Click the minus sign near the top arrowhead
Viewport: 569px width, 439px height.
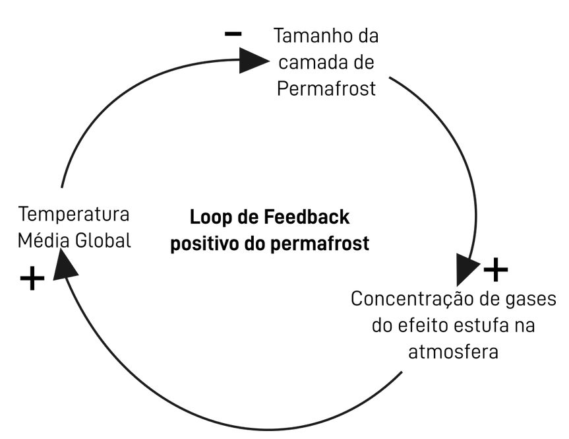pyautogui.click(x=233, y=34)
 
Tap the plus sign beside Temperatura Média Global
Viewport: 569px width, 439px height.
pyautogui.click(x=32, y=279)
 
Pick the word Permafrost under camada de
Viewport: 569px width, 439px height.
pyautogui.click(x=326, y=88)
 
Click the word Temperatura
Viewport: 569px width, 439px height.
pyautogui.click(x=74, y=215)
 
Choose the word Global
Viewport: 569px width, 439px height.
pyautogui.click(x=101, y=240)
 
